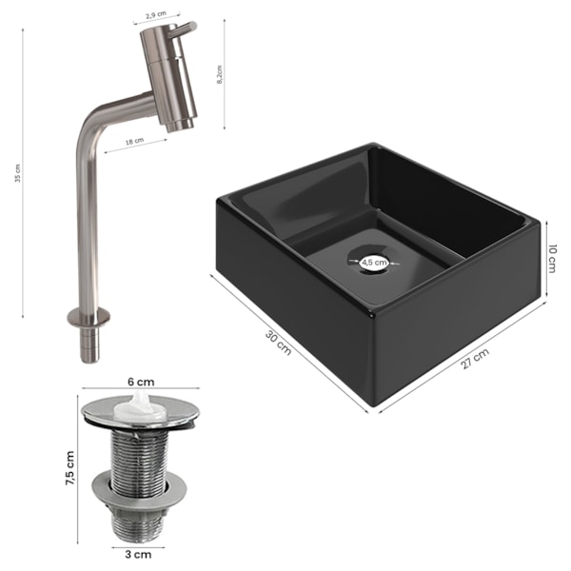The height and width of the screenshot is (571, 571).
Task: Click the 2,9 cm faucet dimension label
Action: (x=156, y=15)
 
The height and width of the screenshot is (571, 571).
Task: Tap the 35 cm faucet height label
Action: (x=18, y=173)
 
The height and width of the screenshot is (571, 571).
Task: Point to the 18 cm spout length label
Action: (x=134, y=141)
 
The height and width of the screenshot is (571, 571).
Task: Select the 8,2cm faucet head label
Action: (x=219, y=75)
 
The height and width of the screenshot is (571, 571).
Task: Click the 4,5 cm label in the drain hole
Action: (x=374, y=262)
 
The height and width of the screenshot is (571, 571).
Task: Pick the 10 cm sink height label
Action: (x=552, y=259)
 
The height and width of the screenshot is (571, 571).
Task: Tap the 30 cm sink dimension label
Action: (x=279, y=343)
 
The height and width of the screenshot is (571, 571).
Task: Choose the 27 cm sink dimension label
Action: (x=475, y=359)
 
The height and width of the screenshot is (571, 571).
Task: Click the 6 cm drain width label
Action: (x=141, y=382)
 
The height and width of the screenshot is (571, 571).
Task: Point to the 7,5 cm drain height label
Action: (x=69, y=468)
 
